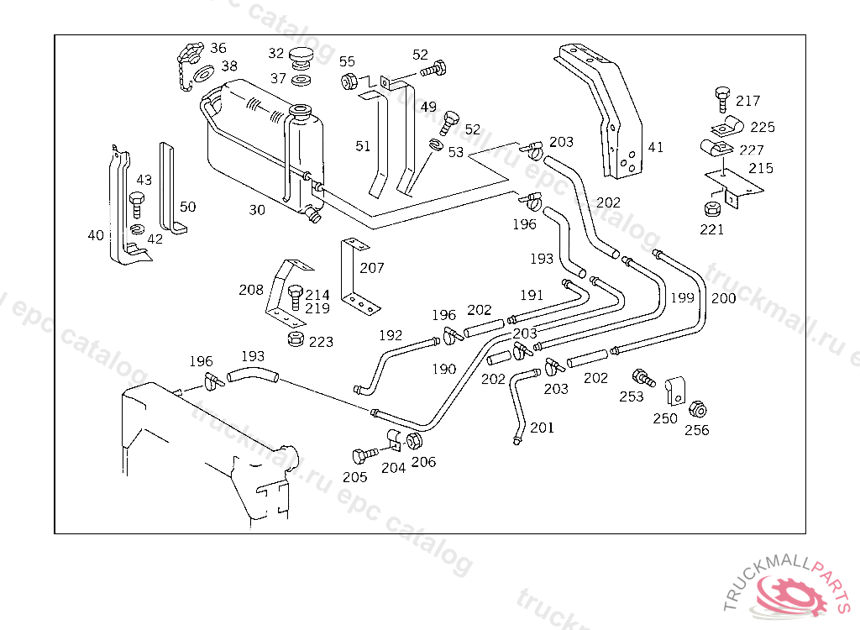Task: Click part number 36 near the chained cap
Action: tap(218, 48)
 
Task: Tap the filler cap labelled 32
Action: tap(301, 59)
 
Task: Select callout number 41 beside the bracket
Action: tap(656, 147)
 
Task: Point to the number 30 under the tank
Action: tap(257, 210)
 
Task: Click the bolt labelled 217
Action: tap(721, 97)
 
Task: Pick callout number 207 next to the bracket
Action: tap(372, 268)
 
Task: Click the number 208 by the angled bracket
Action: tap(251, 290)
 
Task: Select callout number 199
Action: tap(683, 297)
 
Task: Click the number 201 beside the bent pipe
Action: tap(543, 428)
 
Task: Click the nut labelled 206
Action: tap(414, 441)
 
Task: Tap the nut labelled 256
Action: tap(696, 410)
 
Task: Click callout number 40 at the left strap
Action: tap(96, 235)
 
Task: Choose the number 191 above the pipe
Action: tap(532, 295)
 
